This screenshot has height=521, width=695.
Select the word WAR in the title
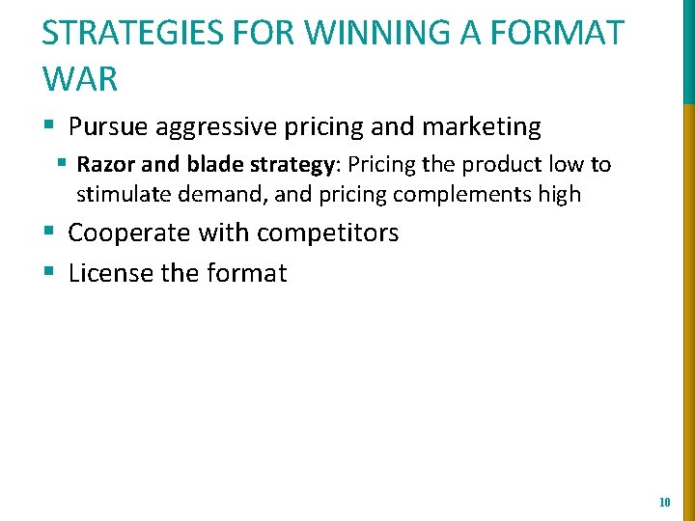tap(80, 79)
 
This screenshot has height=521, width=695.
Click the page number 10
tap(664, 503)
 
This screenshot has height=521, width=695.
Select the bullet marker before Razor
tap(62, 164)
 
